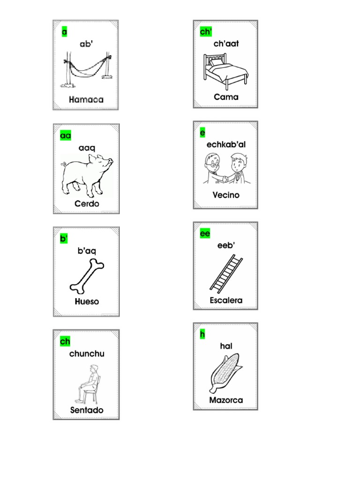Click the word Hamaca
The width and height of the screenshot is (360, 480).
click(86, 99)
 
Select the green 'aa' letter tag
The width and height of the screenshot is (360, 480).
click(66, 135)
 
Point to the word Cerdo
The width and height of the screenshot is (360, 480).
click(87, 204)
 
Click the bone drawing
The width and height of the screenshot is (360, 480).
click(87, 275)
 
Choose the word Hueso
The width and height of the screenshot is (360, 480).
click(87, 301)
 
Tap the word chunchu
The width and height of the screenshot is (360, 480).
click(87, 353)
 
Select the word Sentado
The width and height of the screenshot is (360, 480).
click(87, 410)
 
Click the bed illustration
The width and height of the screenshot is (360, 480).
click(225, 71)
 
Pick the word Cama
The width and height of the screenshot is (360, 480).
click(226, 97)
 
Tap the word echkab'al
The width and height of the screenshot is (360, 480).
click(226, 144)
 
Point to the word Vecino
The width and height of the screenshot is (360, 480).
click(226, 195)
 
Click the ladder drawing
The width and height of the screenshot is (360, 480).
click(226, 273)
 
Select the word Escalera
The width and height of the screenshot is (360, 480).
click(226, 300)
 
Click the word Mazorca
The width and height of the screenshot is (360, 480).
click(226, 400)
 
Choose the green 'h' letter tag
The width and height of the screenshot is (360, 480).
click(202, 334)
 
